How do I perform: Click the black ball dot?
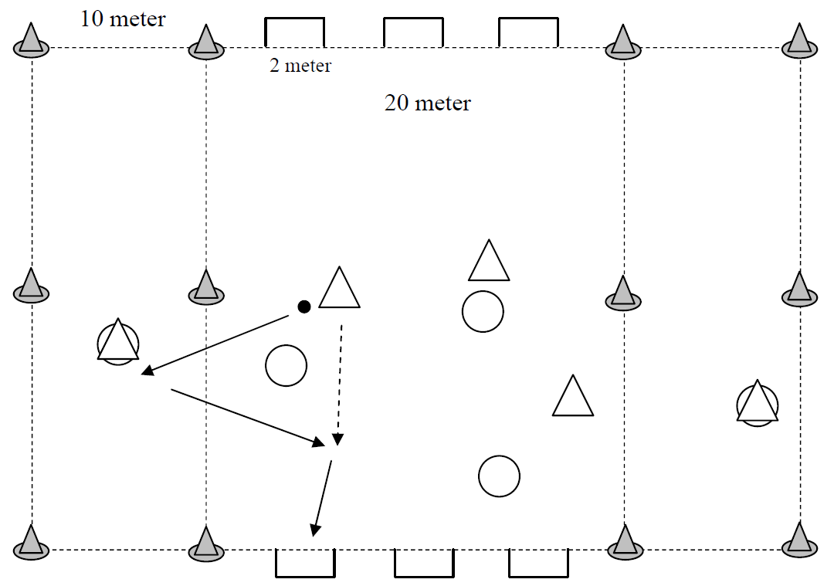304,307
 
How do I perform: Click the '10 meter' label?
123,19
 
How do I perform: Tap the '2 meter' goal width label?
300,66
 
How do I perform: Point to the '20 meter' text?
427,103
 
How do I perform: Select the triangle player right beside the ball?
339,290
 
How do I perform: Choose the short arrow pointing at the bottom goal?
322,498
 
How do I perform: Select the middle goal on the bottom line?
424,563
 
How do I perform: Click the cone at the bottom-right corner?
799,540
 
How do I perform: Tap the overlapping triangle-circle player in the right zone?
757,404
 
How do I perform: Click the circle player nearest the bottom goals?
499,476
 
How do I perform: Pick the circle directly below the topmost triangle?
483,312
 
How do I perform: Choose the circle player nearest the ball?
286,365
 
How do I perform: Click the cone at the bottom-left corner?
31,543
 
